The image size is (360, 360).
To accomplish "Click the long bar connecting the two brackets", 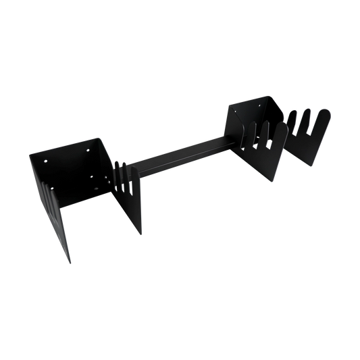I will tap(182, 155).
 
